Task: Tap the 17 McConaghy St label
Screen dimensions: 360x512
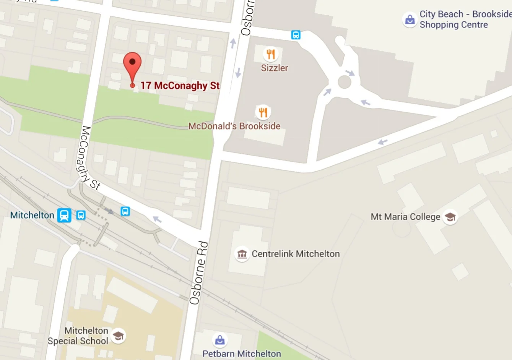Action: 180,86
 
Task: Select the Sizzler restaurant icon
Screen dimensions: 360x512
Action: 271,54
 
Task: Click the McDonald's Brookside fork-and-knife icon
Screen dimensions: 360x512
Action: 263,112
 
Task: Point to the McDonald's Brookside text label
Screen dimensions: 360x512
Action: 234,126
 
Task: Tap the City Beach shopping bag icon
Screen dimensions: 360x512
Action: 410,19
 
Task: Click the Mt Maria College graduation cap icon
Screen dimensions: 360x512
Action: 450,217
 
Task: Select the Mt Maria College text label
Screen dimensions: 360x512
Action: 405,217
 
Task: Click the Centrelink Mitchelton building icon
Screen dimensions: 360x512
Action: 242,254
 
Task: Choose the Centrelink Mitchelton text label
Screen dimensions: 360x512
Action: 296,254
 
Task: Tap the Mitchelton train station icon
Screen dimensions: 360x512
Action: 64,215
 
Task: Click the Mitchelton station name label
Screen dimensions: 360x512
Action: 32,215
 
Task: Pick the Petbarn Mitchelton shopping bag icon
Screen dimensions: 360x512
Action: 220,340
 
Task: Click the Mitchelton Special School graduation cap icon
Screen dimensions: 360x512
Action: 118,336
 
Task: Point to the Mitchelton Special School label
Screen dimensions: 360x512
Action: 78,336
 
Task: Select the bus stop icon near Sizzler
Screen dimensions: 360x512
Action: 296,35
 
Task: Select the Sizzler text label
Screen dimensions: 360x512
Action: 274,68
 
